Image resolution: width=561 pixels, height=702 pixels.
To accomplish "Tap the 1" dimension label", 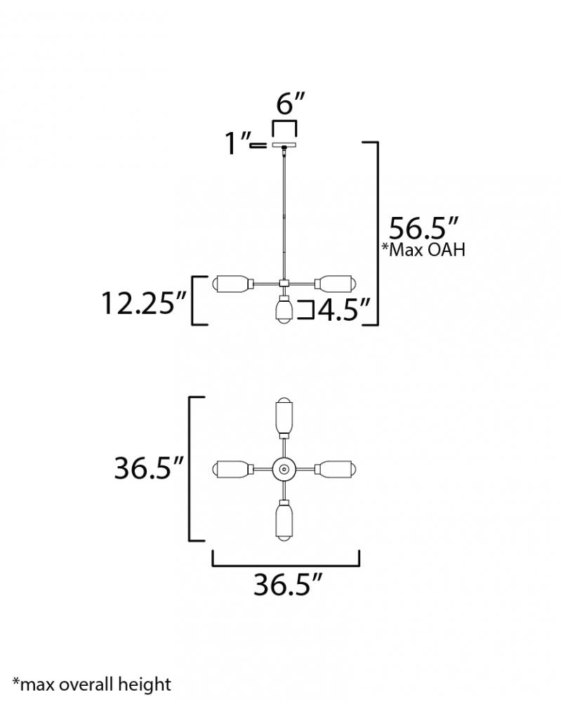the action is click(x=237, y=143).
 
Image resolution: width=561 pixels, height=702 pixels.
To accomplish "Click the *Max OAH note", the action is click(x=423, y=250).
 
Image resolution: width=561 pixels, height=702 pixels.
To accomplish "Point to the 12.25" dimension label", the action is click(x=144, y=303).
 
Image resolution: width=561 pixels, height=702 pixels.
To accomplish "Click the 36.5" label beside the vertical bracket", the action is click(x=149, y=468).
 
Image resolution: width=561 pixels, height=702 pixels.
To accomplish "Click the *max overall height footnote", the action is click(x=92, y=684).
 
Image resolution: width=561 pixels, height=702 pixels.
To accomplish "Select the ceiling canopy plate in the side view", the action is click(x=285, y=145).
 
